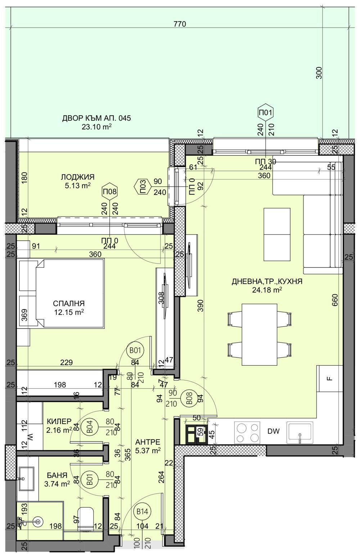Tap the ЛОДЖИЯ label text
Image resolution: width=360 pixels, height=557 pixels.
tap(77, 177)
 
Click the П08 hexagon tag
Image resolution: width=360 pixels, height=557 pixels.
tap(109, 191)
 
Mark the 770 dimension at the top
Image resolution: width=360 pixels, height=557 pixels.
tap(179, 24)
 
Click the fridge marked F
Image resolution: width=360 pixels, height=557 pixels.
tap(329, 378)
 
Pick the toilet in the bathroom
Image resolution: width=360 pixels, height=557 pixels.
tap(86, 518)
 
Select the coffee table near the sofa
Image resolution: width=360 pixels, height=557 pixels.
tap(277, 234)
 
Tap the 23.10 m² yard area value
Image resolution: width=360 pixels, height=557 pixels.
tap(96, 126)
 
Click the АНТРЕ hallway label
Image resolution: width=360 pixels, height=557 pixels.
tap(148, 442)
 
